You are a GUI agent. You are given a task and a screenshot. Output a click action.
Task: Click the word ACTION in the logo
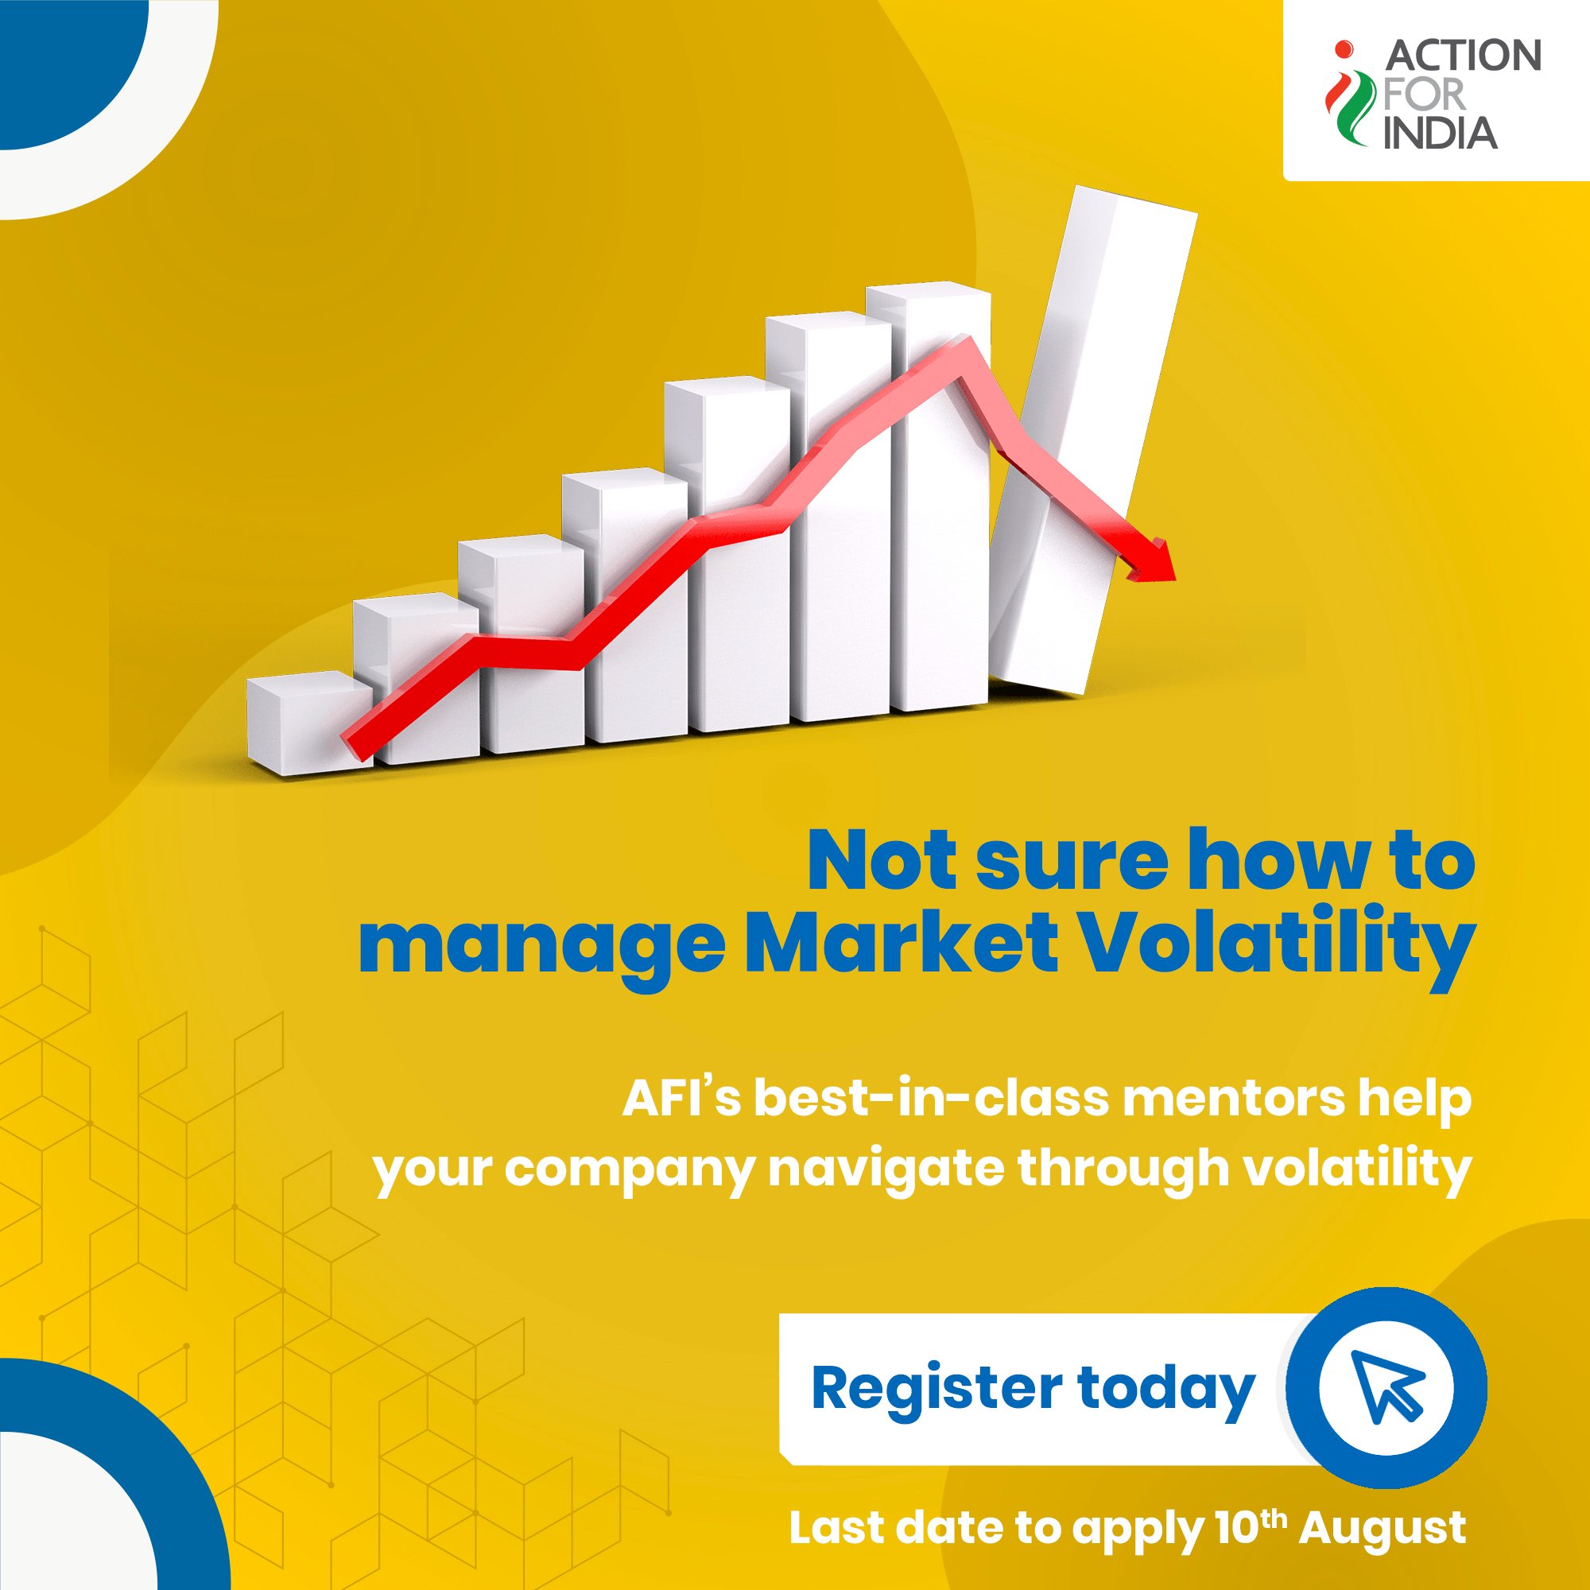[x=1463, y=56]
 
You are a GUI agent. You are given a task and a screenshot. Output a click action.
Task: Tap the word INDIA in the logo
[x=1440, y=132]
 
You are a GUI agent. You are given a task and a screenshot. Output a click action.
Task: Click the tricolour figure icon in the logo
[x=1347, y=94]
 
